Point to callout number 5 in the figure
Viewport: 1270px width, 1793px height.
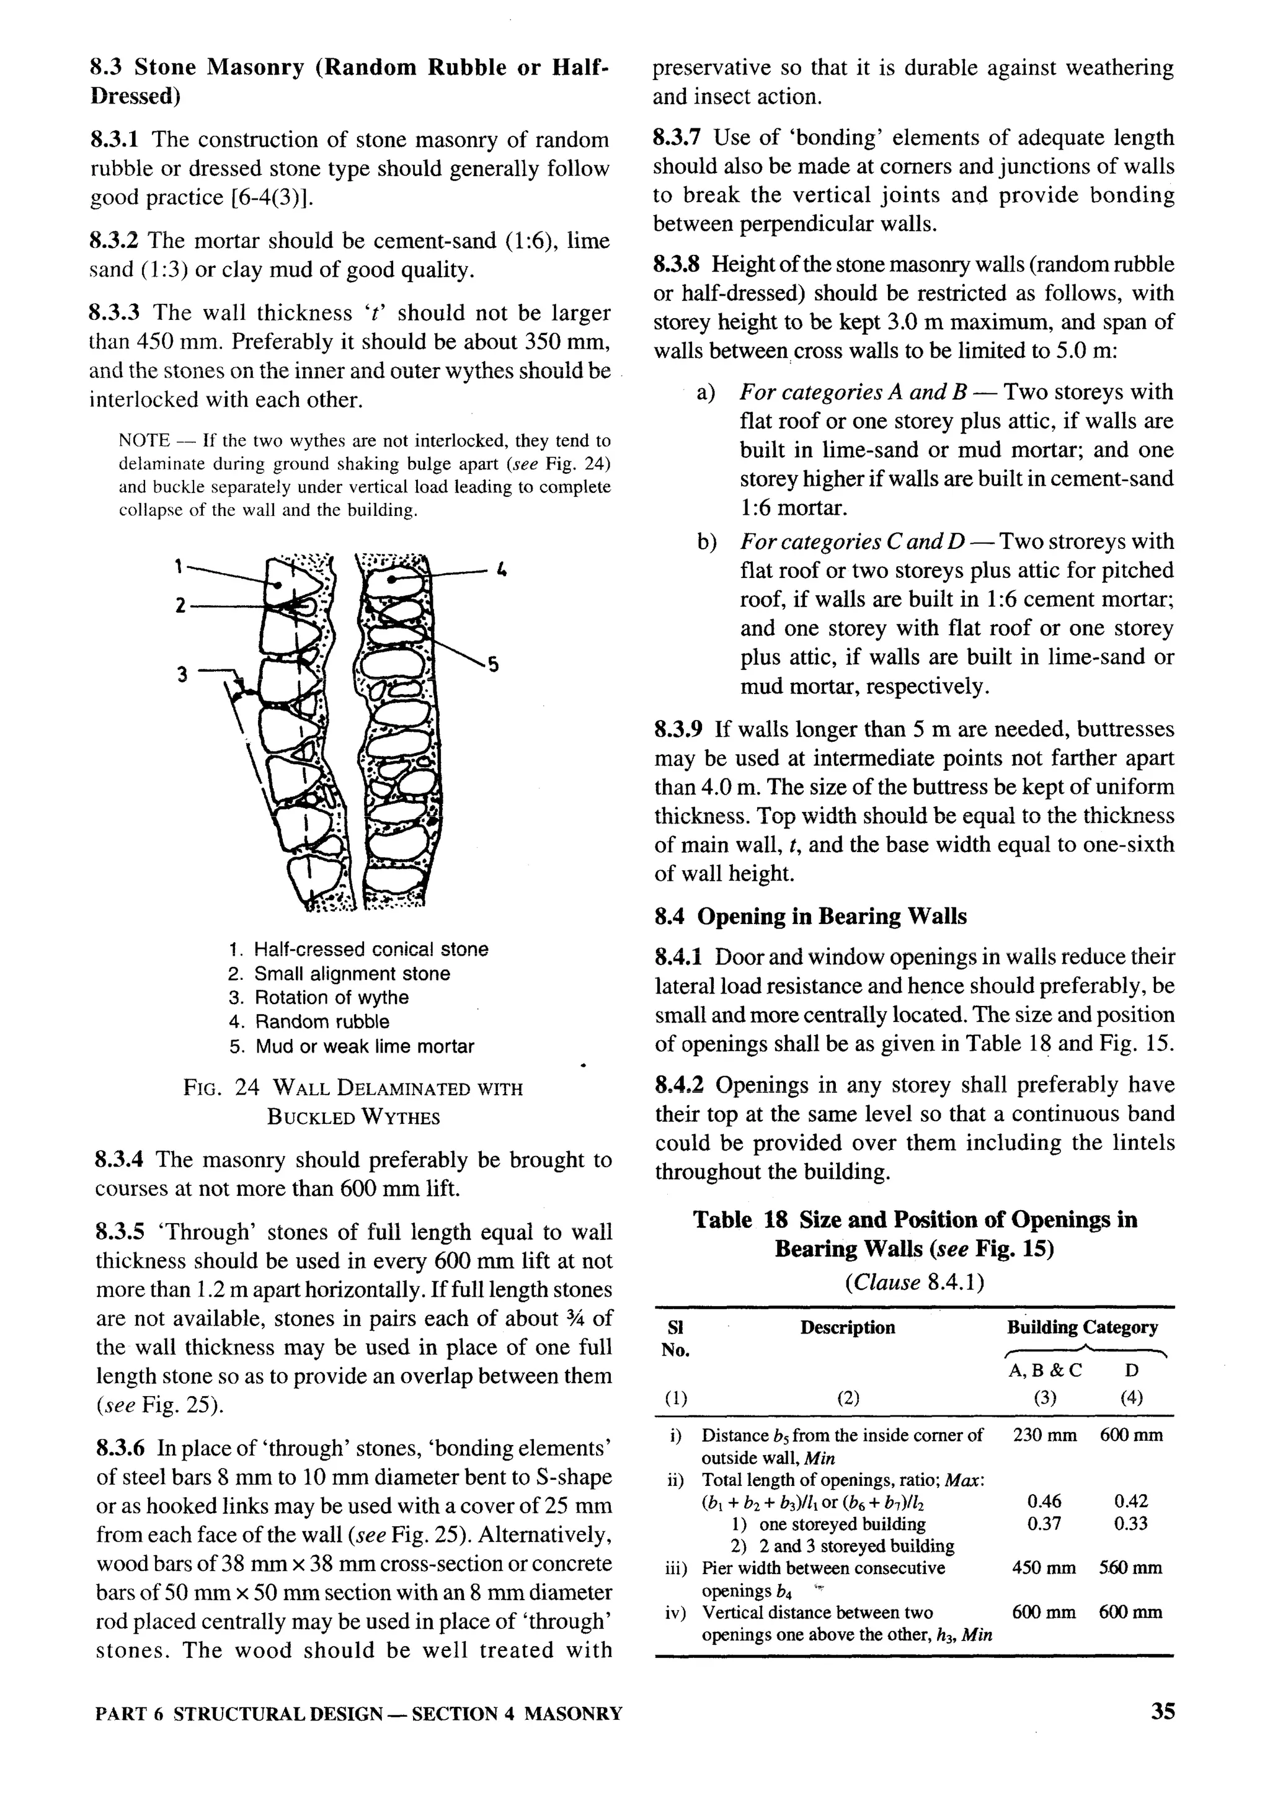(492, 665)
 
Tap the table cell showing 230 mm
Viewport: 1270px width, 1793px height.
(1045, 1435)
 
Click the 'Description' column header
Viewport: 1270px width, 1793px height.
(847, 1327)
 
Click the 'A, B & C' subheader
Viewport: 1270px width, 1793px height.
(1045, 1370)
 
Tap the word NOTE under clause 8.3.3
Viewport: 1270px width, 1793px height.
(144, 441)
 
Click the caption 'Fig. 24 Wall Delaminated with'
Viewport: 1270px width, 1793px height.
(353, 1088)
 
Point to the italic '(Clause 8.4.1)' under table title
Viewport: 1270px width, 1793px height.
(914, 1283)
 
